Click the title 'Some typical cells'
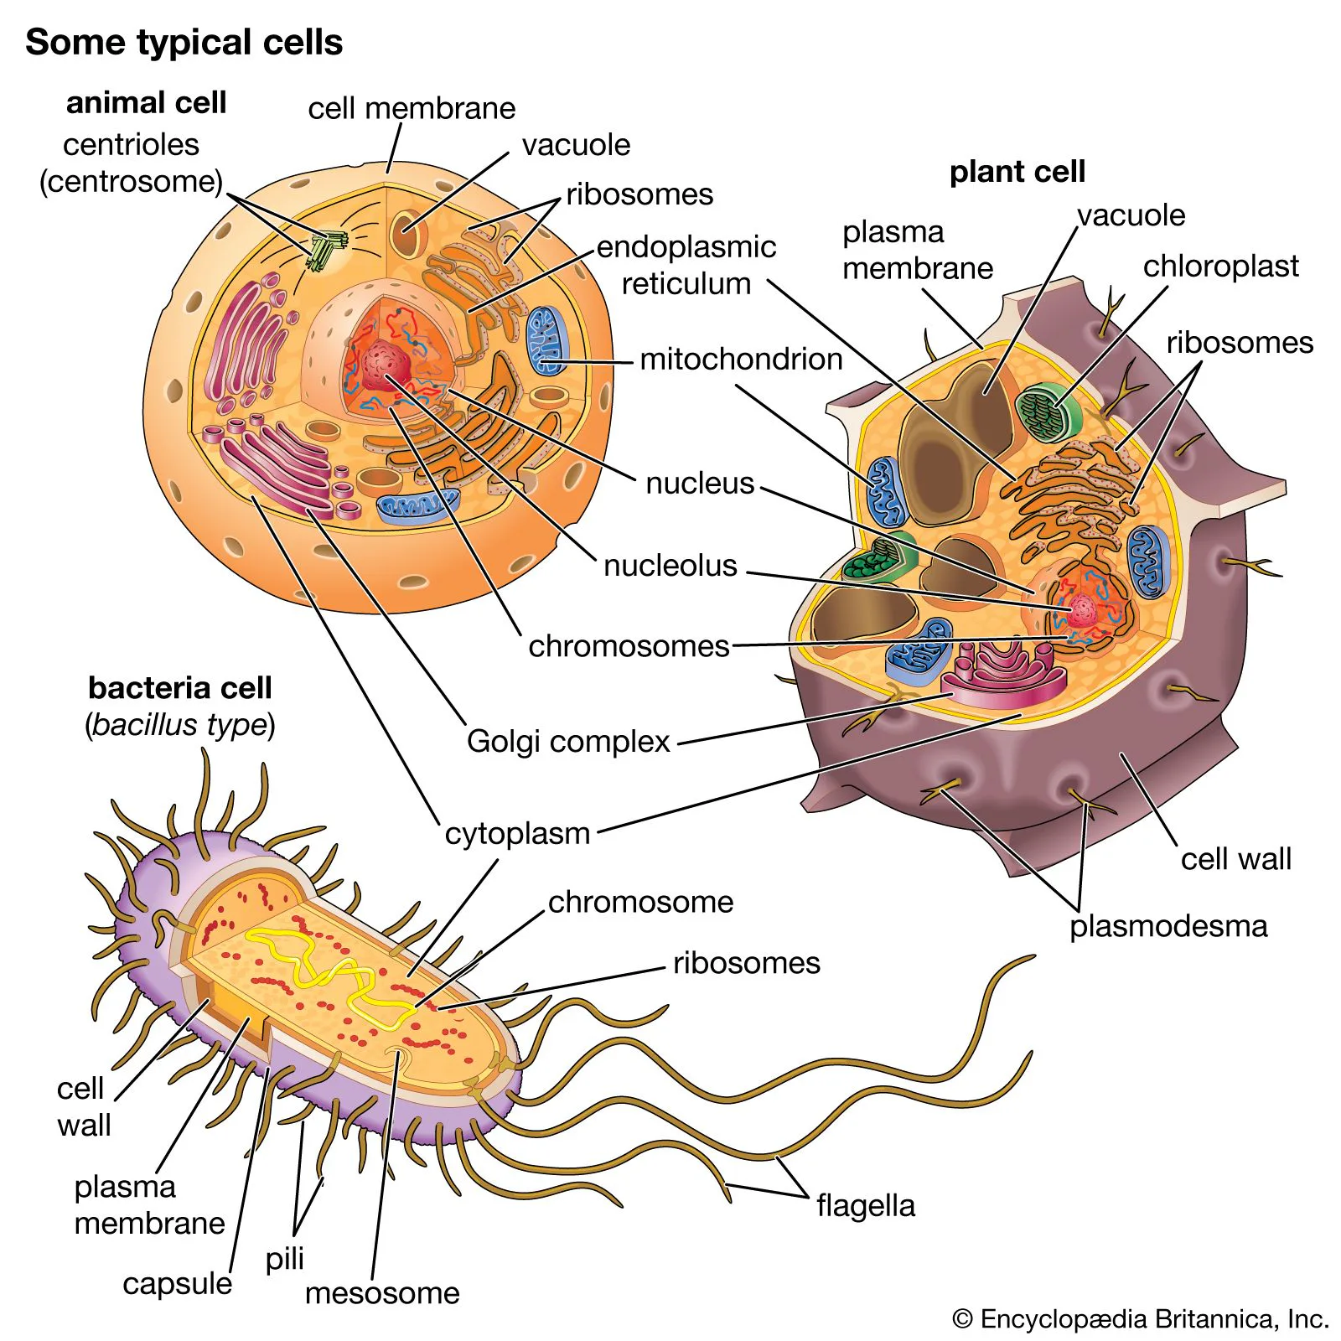[x=184, y=42]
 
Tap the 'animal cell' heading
[x=146, y=102]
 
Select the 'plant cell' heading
[x=1017, y=171]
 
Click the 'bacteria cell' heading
[x=180, y=688]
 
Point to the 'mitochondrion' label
[x=741, y=360]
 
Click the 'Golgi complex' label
[x=568, y=742]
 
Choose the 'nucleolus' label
[x=670, y=566]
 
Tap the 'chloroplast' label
[x=1220, y=267]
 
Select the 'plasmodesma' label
[x=1168, y=926]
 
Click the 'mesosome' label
[x=382, y=1293]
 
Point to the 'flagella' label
[x=866, y=1206]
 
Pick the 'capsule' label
[x=177, y=1284]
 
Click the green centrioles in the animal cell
[x=324, y=248]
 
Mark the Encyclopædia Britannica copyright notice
[x=1140, y=1319]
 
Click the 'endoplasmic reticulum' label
[x=686, y=265]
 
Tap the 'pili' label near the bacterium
[x=284, y=1259]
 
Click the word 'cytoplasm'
[x=517, y=834]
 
